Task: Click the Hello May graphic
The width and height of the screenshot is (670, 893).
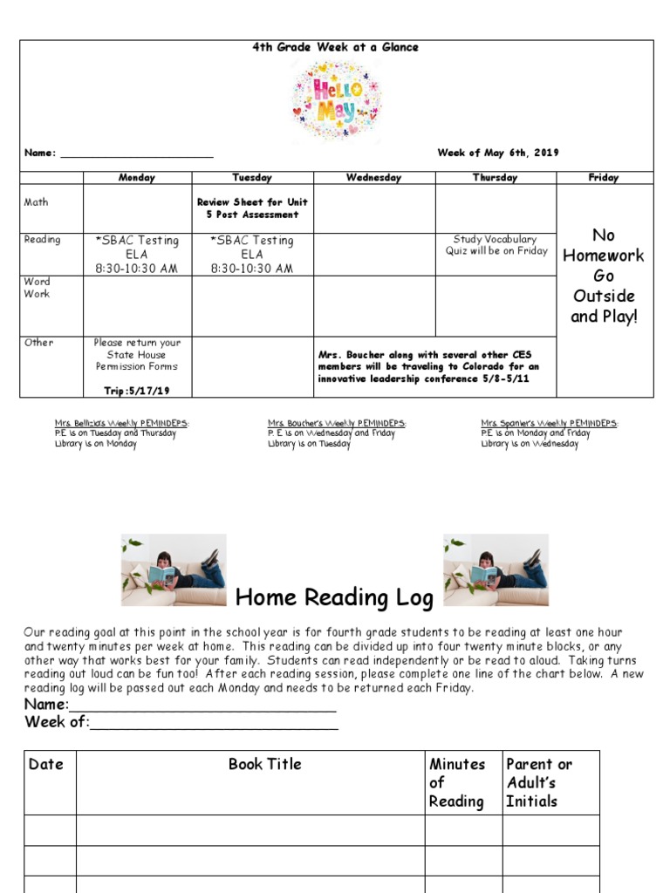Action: pyautogui.click(x=336, y=101)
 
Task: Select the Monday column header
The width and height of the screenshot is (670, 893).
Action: pyautogui.click(x=137, y=178)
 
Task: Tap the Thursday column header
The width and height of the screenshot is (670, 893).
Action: pyautogui.click(x=495, y=178)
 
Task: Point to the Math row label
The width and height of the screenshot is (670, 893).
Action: pyautogui.click(x=37, y=202)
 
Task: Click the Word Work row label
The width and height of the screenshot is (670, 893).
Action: pyautogui.click(x=38, y=288)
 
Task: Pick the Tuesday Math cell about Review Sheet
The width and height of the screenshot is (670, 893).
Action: pyautogui.click(x=252, y=208)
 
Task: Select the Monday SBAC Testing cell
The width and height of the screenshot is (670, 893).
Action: pyautogui.click(x=137, y=254)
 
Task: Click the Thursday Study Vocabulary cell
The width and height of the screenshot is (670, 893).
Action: pyautogui.click(x=496, y=245)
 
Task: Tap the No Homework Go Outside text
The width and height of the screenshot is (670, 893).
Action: pyautogui.click(x=604, y=275)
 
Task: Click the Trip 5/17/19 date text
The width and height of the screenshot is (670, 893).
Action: pyautogui.click(x=137, y=391)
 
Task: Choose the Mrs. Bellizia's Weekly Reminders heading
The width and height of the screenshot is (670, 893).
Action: pyautogui.click(x=121, y=424)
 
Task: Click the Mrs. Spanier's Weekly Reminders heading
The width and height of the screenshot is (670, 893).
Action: pyautogui.click(x=549, y=424)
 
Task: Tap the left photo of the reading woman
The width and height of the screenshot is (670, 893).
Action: pyautogui.click(x=174, y=569)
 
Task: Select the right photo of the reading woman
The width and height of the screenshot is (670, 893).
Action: pyautogui.click(x=496, y=569)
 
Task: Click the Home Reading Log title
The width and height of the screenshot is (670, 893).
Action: pyautogui.click(x=335, y=598)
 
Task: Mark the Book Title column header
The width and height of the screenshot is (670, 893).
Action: pyautogui.click(x=265, y=765)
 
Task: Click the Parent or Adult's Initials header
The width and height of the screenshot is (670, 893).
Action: pyautogui.click(x=539, y=782)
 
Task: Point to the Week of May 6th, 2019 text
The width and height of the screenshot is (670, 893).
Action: pyautogui.click(x=497, y=153)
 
